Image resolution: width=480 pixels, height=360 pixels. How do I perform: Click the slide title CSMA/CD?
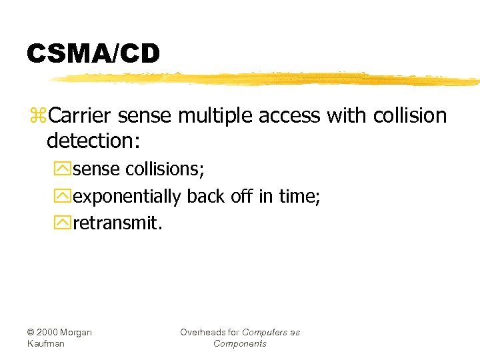(93, 54)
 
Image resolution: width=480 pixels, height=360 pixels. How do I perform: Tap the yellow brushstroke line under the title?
(267, 79)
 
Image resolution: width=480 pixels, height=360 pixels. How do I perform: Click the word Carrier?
(81, 115)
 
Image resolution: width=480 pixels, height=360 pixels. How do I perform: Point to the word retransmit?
(117, 223)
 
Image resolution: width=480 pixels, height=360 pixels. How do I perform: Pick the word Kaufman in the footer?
(45, 343)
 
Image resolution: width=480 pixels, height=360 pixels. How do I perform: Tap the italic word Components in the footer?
(240, 343)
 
